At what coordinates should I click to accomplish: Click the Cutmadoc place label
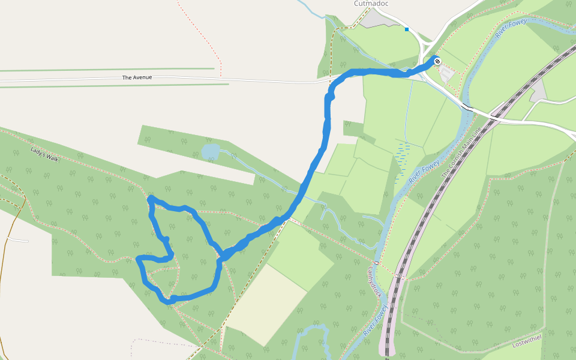click(371, 4)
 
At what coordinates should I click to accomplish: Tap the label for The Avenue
click(137, 77)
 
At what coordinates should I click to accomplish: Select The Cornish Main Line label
click(461, 151)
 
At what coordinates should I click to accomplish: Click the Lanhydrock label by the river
click(374, 281)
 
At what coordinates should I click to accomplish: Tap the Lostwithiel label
click(528, 340)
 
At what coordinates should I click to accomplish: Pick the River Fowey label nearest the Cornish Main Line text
click(424, 172)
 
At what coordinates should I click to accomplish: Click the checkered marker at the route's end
click(437, 61)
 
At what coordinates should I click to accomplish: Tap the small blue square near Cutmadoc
click(407, 29)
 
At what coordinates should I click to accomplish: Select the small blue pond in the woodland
click(211, 151)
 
